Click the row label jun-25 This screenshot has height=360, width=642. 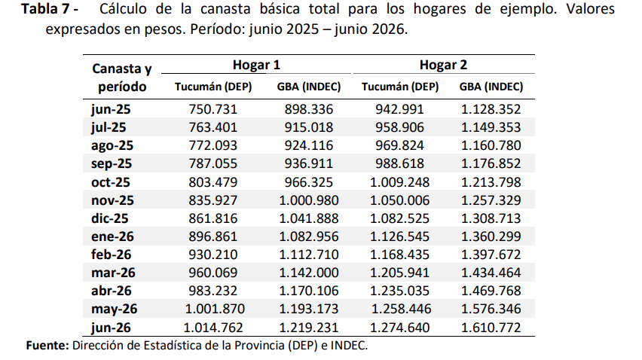(x=111, y=109)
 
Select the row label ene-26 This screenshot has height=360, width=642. (x=112, y=236)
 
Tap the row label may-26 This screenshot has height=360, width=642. (x=114, y=309)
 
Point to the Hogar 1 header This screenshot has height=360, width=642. (x=256, y=65)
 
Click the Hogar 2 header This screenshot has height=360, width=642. (x=443, y=65)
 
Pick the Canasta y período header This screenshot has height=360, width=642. (x=122, y=78)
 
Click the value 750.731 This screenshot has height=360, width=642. (x=213, y=109)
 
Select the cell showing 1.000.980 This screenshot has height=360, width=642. (x=309, y=200)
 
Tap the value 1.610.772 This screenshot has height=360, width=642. (x=491, y=328)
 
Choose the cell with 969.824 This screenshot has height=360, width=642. (x=399, y=145)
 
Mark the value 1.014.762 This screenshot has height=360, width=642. (x=213, y=328)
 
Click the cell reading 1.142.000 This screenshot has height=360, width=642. (x=309, y=273)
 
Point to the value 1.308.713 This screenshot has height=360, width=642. (x=491, y=218)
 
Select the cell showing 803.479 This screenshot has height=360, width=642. (x=213, y=182)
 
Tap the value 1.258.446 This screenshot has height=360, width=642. (x=401, y=309)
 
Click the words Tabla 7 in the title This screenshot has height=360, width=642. (x=45, y=9)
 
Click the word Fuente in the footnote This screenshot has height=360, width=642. (x=47, y=346)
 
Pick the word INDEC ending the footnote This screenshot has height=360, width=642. (x=348, y=346)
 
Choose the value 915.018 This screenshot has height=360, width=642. (x=309, y=127)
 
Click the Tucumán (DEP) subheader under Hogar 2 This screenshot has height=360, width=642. (x=399, y=87)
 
